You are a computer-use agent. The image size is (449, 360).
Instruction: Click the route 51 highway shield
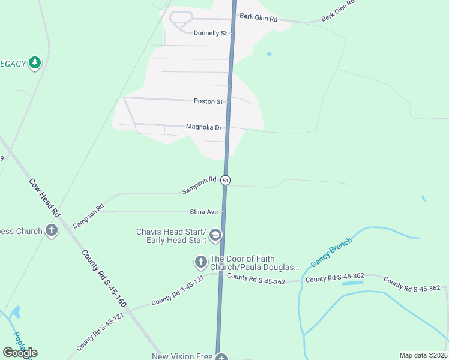(225, 180)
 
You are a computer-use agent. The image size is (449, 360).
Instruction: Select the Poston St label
(208, 101)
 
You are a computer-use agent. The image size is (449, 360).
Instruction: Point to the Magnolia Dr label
(204, 127)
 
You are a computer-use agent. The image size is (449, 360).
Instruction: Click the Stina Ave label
(203, 212)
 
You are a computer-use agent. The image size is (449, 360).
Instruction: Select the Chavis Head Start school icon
(215, 236)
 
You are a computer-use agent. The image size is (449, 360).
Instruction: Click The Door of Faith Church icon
(200, 262)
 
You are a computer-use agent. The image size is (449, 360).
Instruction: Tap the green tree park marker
(35, 62)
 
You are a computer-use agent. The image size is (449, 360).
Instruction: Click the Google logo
(20, 353)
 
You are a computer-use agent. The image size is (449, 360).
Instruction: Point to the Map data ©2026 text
(423, 355)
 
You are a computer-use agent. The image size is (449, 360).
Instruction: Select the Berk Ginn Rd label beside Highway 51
(258, 19)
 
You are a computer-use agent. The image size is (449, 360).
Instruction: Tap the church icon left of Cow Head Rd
(52, 230)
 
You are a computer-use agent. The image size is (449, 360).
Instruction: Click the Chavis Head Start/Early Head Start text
(171, 236)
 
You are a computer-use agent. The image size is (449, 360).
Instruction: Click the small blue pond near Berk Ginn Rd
(269, 54)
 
